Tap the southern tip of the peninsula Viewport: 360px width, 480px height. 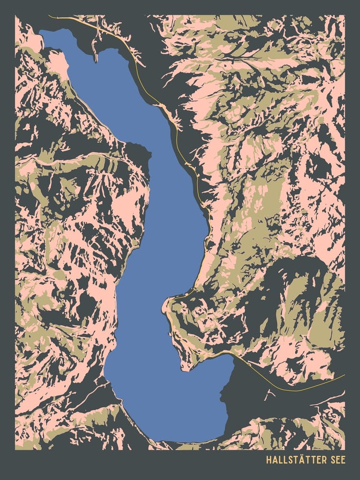point(182,370)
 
